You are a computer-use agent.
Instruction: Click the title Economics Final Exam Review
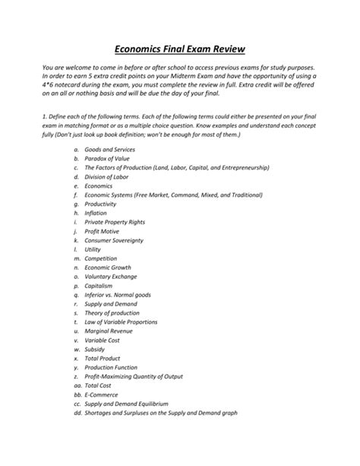pyautogui.click(x=179, y=49)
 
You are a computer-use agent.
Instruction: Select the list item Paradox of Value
pyautogui.click(x=106, y=158)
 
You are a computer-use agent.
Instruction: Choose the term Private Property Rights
pyautogui.click(x=116, y=222)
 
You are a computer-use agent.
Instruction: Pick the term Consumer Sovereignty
pyautogui.click(x=114, y=240)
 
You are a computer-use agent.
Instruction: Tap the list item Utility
pyautogui.click(x=93, y=249)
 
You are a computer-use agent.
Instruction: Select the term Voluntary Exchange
pyautogui.click(x=110, y=277)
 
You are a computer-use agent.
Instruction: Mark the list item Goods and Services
pyautogui.click(x=109, y=149)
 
